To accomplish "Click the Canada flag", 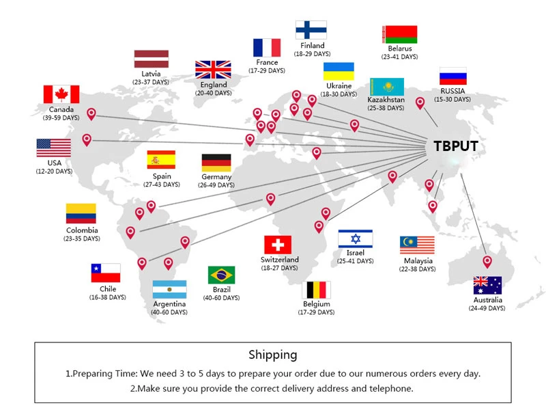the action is [61, 94].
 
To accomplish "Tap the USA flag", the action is [54, 148].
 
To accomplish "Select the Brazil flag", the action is [221, 275].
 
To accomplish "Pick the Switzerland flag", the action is [278, 245].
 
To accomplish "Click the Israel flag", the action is [356, 238].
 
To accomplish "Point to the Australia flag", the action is [487, 285].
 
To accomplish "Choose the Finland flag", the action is [311, 30].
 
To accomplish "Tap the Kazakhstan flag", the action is [386, 87].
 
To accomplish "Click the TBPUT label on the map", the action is [456, 146].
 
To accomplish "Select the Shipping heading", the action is [273, 355].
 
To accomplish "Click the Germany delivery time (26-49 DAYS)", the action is [216, 185].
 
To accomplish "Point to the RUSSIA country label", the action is [452, 91].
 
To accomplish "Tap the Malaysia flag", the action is [417, 245].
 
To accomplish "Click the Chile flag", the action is [106, 273].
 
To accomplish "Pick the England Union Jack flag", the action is [213, 70].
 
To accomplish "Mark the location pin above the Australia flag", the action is [487, 261].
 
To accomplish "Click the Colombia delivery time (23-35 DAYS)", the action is [82, 238].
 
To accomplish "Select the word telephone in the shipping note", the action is [387, 389].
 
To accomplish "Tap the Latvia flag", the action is [152, 59].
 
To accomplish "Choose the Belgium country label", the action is [317, 303].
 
